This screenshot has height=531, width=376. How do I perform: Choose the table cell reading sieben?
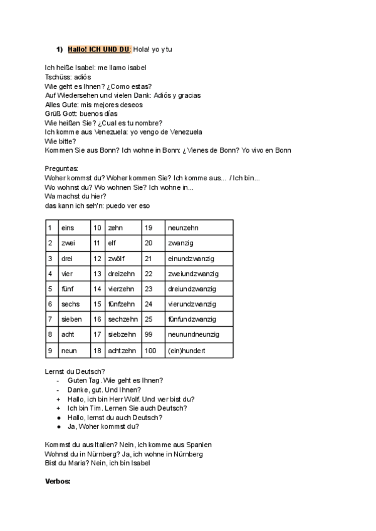71,319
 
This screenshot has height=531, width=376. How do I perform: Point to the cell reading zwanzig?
181,243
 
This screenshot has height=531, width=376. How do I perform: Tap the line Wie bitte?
61,142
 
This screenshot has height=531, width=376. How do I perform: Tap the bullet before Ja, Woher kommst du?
58,426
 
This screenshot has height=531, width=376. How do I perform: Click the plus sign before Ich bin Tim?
58,408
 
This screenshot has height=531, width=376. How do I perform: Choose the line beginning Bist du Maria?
98,463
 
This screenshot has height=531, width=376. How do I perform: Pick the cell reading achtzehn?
122,351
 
